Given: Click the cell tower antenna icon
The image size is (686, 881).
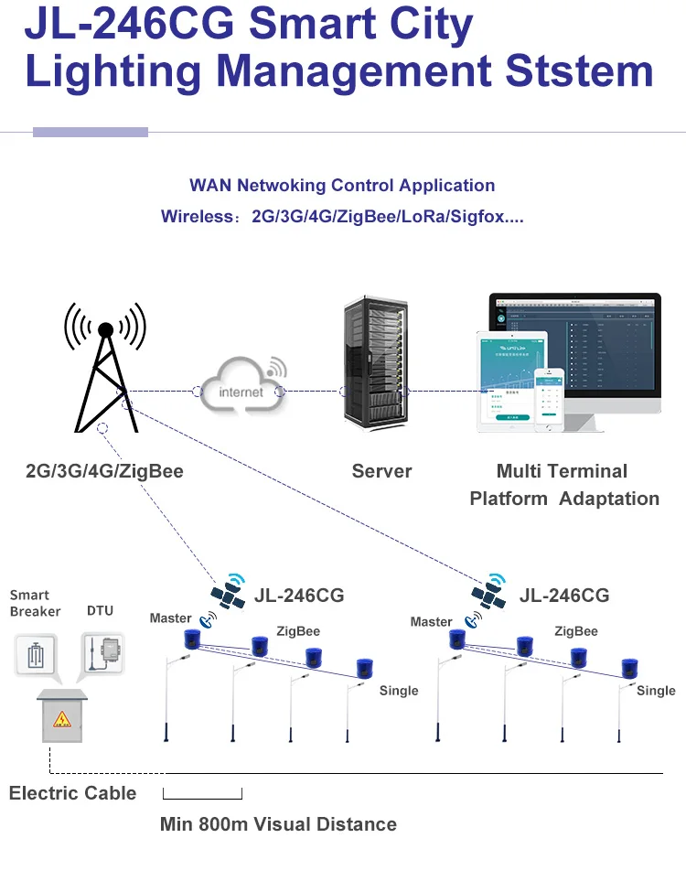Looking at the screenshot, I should click(105, 370).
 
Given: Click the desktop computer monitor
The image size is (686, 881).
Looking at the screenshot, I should click(574, 352).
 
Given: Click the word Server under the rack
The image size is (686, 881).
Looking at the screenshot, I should click(381, 472).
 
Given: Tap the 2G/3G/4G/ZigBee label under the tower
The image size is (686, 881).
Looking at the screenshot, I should click(104, 472).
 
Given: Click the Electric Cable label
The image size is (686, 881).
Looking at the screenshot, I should click(72, 793).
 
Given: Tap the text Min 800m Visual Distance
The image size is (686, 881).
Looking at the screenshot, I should click(278, 824).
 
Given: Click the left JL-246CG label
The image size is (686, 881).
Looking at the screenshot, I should click(300, 596).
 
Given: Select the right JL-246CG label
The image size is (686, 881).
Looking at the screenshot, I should click(564, 596).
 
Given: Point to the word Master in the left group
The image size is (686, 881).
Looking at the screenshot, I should click(171, 618).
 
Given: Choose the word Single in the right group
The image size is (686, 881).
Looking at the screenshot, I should click(656, 691).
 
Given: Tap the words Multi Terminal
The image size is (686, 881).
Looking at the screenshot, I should click(562, 472).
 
